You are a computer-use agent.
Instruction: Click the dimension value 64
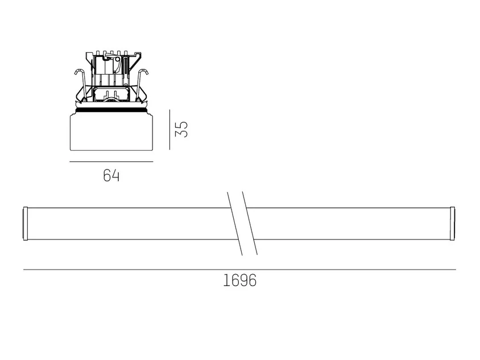(111, 176)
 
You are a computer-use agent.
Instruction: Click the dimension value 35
(181, 129)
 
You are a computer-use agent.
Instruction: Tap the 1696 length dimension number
(239, 280)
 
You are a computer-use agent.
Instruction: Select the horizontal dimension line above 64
(111, 162)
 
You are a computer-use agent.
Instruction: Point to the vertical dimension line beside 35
(169, 130)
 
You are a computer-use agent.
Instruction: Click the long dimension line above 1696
(239, 270)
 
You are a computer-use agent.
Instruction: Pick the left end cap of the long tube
(26, 224)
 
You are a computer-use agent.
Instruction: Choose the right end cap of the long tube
(453, 224)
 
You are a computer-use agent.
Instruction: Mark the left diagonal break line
(235, 224)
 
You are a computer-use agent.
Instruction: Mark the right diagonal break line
(250, 223)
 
